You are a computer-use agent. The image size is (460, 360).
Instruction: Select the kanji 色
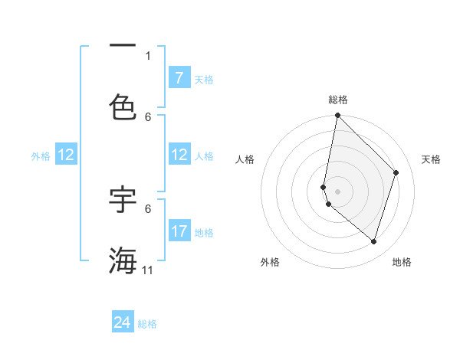(x=123, y=106)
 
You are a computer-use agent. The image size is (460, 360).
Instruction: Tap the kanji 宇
(x=123, y=198)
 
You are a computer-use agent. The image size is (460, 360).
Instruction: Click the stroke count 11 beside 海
(x=148, y=270)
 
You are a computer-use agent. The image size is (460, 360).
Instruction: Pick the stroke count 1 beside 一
(x=148, y=55)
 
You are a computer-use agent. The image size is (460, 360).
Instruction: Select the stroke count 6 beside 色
(x=148, y=116)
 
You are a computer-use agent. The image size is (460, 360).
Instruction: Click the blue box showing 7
(x=179, y=78)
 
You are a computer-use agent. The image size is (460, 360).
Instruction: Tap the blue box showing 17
(x=179, y=231)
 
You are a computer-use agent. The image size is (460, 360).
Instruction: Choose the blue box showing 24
(x=123, y=322)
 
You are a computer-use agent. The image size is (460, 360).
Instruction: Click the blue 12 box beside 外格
(x=65, y=155)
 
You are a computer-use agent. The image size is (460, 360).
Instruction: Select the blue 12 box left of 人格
(x=179, y=155)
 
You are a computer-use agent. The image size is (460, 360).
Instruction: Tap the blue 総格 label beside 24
(x=147, y=324)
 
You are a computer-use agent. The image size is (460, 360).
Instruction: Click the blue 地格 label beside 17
(x=204, y=233)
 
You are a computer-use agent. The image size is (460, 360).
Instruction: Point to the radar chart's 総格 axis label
(x=338, y=100)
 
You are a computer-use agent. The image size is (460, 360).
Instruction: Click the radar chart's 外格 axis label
(x=270, y=262)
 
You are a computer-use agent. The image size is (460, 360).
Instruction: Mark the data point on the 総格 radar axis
(x=337, y=116)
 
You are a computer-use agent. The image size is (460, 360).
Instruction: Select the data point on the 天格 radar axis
(x=396, y=172)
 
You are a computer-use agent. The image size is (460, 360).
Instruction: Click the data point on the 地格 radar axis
(x=374, y=242)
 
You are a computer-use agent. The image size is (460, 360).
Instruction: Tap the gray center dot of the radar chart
(x=337, y=191)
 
